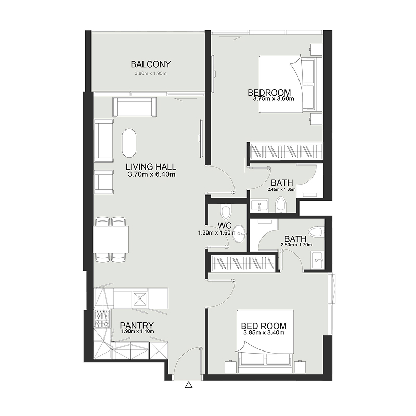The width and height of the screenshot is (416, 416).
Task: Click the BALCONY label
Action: [151, 64]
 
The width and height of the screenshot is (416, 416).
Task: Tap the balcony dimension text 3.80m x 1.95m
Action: [151, 74]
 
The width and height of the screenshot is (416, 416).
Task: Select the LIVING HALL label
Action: [151, 167]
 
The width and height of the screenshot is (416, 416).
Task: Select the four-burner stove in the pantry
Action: [102, 318]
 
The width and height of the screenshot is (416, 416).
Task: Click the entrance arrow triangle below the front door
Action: [189, 386]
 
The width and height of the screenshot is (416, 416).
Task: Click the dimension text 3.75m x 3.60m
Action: [274, 98]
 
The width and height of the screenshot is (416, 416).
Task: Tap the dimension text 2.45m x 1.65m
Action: [281, 189]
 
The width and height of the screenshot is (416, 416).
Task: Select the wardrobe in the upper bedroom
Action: [285, 151]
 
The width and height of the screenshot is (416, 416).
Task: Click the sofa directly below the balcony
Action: [134, 107]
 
